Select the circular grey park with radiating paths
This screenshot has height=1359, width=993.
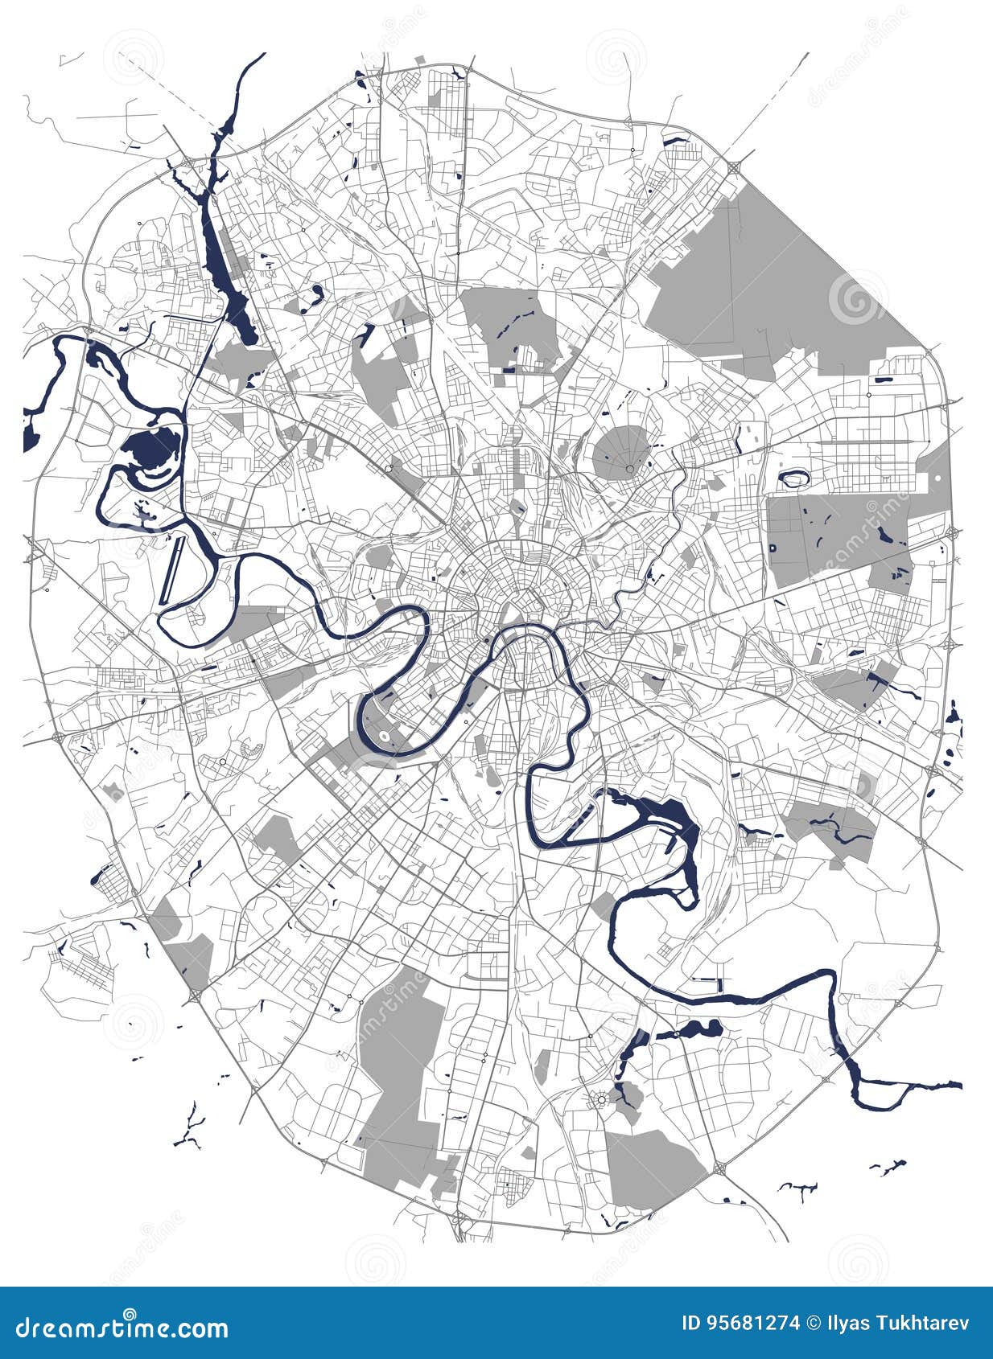[x=624, y=453]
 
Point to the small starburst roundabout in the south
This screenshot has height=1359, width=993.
[x=600, y=1099]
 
